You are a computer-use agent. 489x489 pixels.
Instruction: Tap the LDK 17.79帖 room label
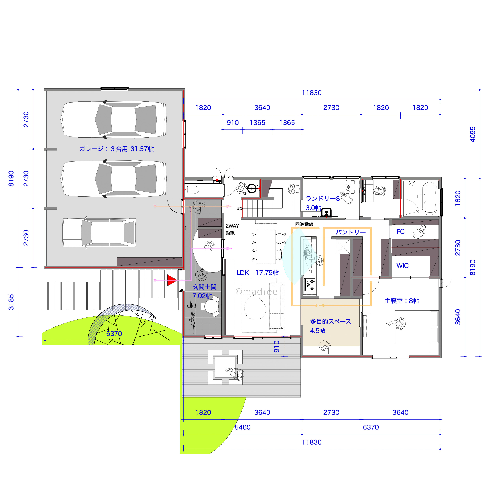[257, 273]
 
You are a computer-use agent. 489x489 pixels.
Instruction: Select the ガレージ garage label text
[116, 149]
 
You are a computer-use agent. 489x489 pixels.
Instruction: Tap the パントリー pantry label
[350, 232]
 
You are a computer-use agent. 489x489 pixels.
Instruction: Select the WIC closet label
[402, 265]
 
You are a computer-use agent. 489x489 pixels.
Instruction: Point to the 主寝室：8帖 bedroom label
[402, 301]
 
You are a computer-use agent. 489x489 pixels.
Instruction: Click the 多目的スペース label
[330, 321]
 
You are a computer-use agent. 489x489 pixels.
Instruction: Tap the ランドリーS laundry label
[323, 199]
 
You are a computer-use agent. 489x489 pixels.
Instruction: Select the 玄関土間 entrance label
[204, 287]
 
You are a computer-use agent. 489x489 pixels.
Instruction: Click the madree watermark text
[256, 292]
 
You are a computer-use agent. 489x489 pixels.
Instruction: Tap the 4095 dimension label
[472, 134]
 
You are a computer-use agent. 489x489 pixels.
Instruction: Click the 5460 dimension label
[242, 427]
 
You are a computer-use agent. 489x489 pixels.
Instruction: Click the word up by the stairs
[239, 208]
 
